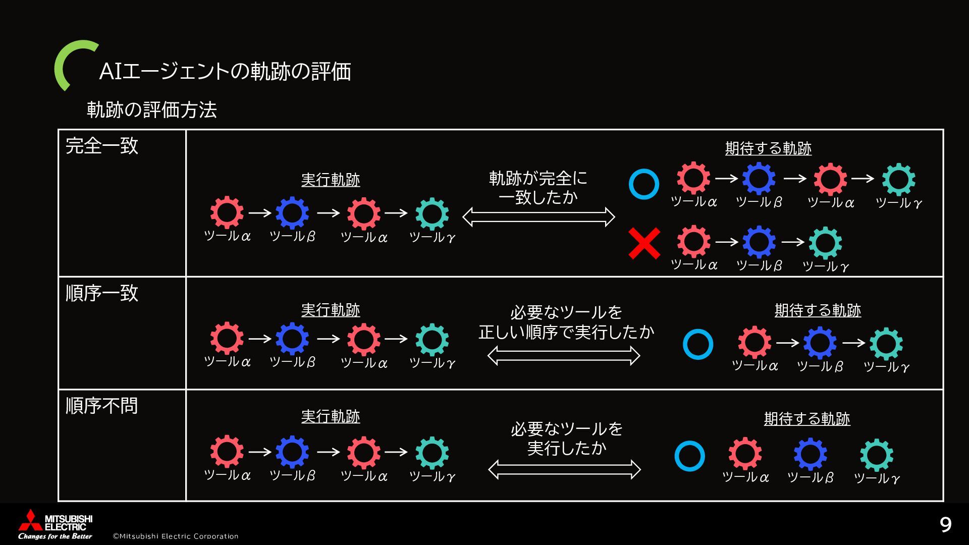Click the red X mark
[x=644, y=243]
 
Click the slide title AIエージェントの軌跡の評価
[x=225, y=71]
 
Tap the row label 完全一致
[x=102, y=146]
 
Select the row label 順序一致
[x=102, y=293]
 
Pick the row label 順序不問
[x=102, y=406]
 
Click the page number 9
[x=945, y=525]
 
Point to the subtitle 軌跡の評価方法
[x=152, y=110]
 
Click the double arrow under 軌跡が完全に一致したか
[x=539, y=217]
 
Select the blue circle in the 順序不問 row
[x=689, y=456]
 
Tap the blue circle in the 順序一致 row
[x=697, y=344]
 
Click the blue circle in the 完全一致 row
[x=644, y=184]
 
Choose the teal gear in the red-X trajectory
[x=825, y=243]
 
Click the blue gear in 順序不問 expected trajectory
[x=810, y=454]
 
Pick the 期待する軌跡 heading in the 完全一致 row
[x=768, y=148]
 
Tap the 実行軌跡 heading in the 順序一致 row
[x=331, y=310]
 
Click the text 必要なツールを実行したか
[x=566, y=438]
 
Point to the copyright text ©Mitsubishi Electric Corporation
[x=176, y=536]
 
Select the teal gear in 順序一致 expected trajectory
[x=886, y=344]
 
